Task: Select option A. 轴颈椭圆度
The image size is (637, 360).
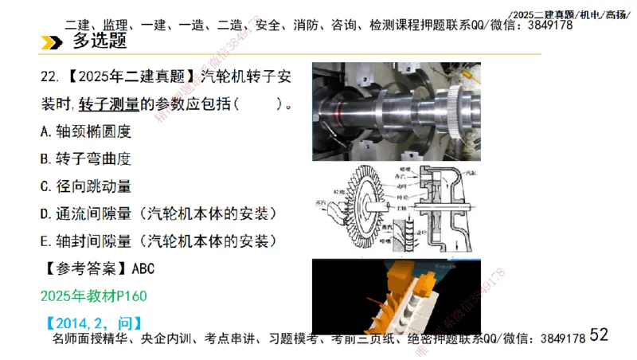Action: (84, 131)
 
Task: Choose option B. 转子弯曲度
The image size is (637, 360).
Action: (84, 158)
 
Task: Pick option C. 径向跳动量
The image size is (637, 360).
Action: (84, 186)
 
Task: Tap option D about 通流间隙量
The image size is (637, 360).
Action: (158, 213)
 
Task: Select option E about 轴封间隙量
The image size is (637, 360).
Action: (158, 241)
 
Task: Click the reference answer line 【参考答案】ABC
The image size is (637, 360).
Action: (96, 268)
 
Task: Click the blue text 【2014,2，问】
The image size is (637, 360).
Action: (92, 323)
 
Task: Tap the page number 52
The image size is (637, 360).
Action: (599, 335)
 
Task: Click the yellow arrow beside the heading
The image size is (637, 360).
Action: (52, 42)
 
